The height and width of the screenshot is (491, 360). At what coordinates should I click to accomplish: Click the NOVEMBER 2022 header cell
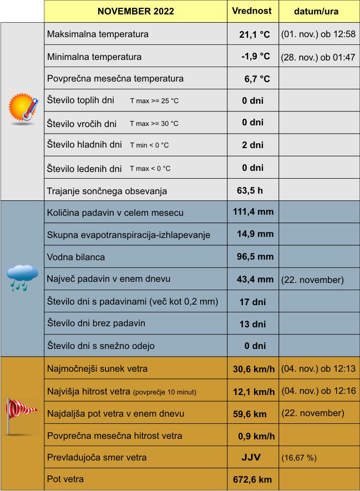click(x=135, y=12)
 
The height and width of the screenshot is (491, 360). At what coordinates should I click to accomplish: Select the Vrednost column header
click(x=252, y=11)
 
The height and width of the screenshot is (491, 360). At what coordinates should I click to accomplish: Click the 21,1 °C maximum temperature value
click(x=254, y=34)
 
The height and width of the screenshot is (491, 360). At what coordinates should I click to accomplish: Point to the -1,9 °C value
click(x=255, y=57)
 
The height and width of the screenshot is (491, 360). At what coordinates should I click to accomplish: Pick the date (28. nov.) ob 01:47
click(x=318, y=57)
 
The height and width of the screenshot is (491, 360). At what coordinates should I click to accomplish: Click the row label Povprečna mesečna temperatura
click(x=115, y=79)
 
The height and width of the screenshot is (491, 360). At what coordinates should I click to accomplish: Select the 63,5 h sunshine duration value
click(x=250, y=191)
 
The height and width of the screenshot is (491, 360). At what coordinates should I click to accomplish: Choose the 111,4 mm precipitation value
click(x=253, y=212)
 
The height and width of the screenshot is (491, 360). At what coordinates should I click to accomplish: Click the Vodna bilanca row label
click(x=76, y=257)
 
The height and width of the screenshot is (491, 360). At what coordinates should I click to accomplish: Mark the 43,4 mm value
click(x=255, y=279)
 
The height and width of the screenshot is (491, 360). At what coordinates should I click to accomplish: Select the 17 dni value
click(x=252, y=302)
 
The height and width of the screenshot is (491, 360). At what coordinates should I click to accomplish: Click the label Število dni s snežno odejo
click(x=101, y=346)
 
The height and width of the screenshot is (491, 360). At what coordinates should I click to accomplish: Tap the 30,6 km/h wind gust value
click(x=253, y=369)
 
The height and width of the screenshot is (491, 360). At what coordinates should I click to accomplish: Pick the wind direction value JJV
click(x=251, y=458)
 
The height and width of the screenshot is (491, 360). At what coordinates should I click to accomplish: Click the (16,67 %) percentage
click(x=299, y=458)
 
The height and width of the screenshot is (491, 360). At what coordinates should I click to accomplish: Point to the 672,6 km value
click(x=252, y=479)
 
